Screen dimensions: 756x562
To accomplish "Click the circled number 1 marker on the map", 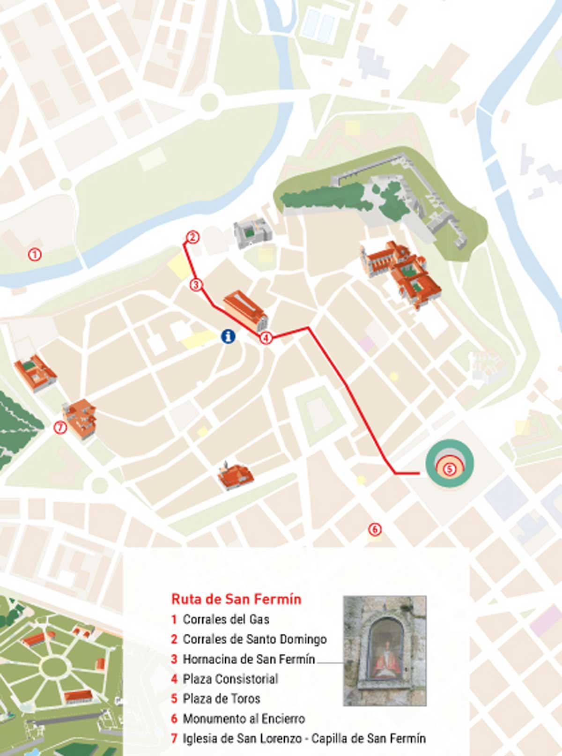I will tap(35, 254).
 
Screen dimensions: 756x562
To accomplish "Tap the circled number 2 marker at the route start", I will tap(192, 237).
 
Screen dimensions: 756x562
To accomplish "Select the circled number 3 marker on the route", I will tap(196, 285).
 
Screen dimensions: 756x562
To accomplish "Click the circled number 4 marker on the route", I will tap(266, 338).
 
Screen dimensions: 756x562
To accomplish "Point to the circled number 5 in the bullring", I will tap(449, 468).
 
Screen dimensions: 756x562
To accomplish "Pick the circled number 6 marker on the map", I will tap(375, 530).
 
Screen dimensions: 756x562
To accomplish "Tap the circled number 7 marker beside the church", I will tap(60, 427).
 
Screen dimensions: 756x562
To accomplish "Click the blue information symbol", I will tap(228, 336).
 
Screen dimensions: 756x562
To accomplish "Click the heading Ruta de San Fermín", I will tap(236, 599).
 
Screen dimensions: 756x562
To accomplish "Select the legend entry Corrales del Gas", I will tap(225, 619).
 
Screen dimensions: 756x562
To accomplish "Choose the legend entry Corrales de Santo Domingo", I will tap(254, 639).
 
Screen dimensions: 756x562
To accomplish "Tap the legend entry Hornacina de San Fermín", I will tap(248, 659).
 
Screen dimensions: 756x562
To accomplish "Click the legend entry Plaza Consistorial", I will tap(230, 679).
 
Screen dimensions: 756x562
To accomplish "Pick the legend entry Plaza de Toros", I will tap(221, 698).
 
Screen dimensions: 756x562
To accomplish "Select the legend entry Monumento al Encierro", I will tap(244, 719).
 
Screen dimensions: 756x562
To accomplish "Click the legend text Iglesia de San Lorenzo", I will tap(242, 739).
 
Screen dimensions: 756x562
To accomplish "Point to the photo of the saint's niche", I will tap(385, 651).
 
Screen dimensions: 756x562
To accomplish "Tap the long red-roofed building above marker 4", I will tap(245, 309).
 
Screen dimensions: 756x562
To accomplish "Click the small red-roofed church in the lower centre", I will tap(236, 476).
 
